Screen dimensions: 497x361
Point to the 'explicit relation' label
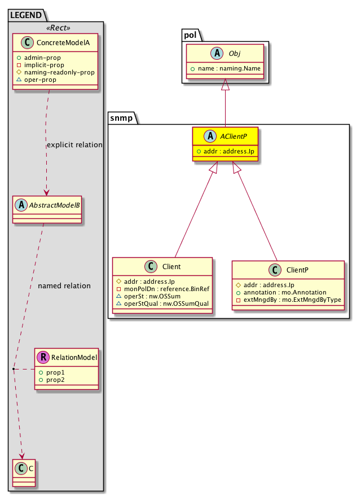(x=74, y=145)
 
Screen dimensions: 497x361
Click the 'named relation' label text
(x=64, y=286)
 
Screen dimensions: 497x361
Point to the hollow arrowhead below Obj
(x=226, y=85)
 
